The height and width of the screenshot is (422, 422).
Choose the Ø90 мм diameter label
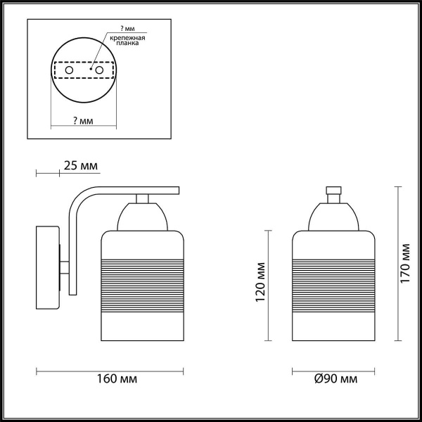pos(335,379)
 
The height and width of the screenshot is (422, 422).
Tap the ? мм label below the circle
pos(82,122)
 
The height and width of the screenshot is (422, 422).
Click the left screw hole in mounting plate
pos(69,70)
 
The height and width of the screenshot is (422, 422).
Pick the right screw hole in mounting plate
pos(99,70)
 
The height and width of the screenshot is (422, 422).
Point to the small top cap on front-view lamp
pos(333,191)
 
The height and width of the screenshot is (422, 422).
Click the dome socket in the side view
pos(143,217)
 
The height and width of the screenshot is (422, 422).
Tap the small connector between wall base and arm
pos(65,267)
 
